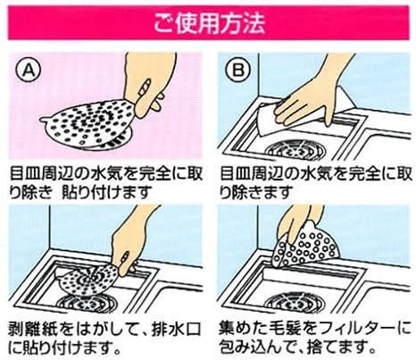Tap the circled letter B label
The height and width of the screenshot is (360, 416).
pyautogui.click(x=236, y=68)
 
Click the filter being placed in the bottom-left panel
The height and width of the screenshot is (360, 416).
pyautogui.click(x=89, y=272)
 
